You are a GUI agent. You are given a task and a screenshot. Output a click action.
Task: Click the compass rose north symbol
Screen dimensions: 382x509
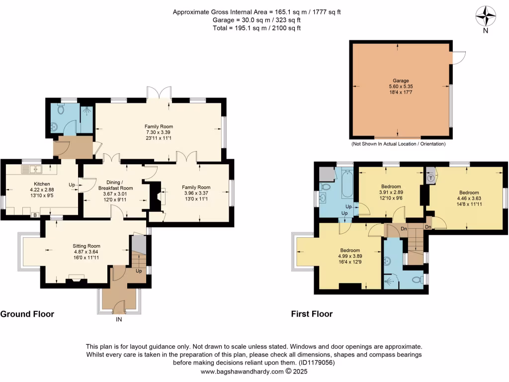[x=486, y=16]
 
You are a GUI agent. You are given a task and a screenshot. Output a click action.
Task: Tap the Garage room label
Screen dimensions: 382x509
[x=401, y=81]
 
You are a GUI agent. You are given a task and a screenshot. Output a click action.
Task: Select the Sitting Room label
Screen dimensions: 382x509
[x=86, y=246]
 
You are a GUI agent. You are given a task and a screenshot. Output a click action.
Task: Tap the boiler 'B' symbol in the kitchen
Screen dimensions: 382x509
[x=34, y=214]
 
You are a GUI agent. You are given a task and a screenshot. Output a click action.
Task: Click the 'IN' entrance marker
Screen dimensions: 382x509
[x=119, y=319]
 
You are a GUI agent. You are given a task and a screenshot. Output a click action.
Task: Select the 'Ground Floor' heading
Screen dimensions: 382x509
[x=27, y=314]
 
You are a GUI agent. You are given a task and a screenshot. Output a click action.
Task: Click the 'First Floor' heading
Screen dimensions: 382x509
[x=312, y=314]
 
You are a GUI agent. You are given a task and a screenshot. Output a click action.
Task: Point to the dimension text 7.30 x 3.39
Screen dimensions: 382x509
[x=159, y=132]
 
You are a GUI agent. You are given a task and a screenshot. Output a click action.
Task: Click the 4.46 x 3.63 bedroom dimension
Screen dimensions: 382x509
[x=469, y=198]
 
